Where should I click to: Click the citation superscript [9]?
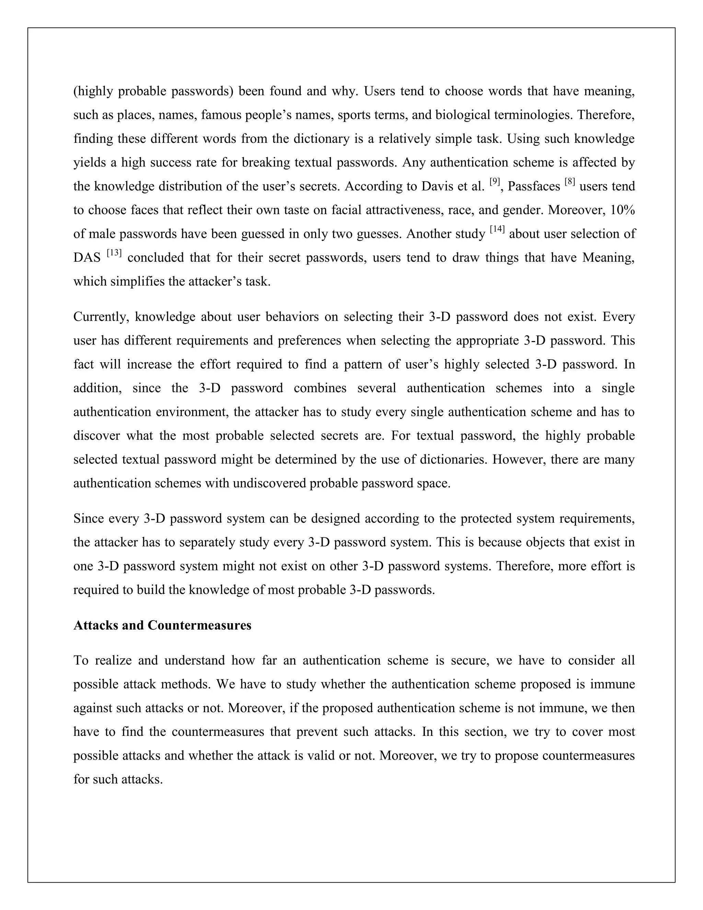click(495, 181)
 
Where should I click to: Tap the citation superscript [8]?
click(570, 181)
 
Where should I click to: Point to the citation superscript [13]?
click(114, 252)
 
